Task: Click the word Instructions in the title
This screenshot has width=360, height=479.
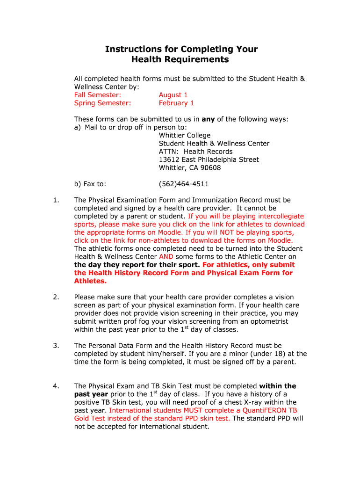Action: (129, 49)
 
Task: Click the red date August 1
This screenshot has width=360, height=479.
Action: (173, 95)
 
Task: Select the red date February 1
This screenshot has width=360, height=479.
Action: (176, 103)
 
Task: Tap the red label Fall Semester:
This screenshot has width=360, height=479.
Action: (98, 95)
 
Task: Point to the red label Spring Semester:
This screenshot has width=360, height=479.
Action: (103, 103)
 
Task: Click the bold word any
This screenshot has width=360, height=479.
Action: (208, 119)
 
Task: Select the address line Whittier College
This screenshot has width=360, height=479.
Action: (185, 135)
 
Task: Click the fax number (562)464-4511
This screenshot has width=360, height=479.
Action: (184, 184)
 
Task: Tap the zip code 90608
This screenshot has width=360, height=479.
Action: (210, 167)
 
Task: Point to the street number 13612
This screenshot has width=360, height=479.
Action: (169, 160)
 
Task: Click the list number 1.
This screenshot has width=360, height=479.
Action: (56, 200)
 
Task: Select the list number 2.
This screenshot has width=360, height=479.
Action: (56, 297)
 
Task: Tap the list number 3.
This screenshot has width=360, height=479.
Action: (56, 346)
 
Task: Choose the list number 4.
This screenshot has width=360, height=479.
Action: (56, 386)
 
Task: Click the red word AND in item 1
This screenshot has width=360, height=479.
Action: (166, 257)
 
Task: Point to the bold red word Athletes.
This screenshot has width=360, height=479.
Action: (90, 281)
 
